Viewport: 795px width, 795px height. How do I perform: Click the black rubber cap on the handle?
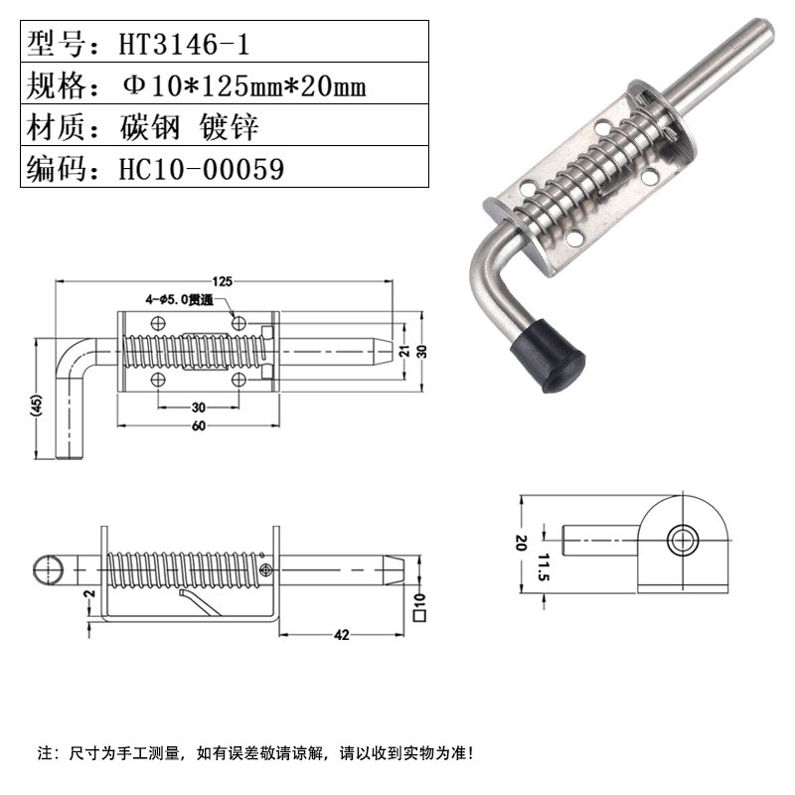tap(548, 359)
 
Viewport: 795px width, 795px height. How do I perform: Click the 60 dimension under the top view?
tap(198, 426)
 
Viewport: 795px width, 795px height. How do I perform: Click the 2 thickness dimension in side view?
tap(88, 594)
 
